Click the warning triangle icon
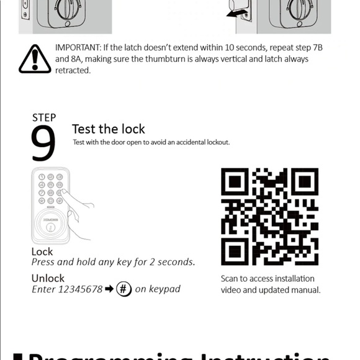tap(35, 60)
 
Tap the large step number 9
tap(43, 143)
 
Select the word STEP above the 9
tap(43, 117)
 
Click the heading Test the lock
tap(108, 129)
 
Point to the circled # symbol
tap(124, 289)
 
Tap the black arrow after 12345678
tap(110, 290)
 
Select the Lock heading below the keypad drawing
tap(42, 251)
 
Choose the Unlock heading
tap(48, 278)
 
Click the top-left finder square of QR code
tap(235, 181)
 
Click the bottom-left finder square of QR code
tap(235, 251)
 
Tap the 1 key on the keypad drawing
tap(42, 177)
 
